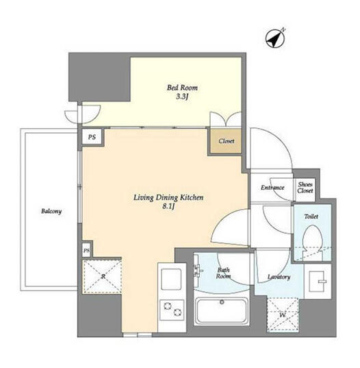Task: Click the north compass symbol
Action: [x=275, y=38]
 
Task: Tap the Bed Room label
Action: [x=182, y=88]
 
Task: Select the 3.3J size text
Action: [x=182, y=97]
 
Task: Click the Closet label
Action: [x=226, y=141]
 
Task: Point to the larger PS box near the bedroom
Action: [x=92, y=137]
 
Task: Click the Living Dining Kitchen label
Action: [x=168, y=197]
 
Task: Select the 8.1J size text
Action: [x=169, y=206]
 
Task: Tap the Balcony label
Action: [x=51, y=211]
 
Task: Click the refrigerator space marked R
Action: [x=102, y=276]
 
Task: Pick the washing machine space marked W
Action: [x=283, y=315]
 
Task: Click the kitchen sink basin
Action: [x=171, y=280]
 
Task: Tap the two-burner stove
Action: [x=172, y=310]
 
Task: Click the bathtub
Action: [x=222, y=311]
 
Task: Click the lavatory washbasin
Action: [x=318, y=281]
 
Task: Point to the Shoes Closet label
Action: [x=305, y=188]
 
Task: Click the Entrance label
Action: [x=272, y=188]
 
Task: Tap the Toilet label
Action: [x=311, y=217]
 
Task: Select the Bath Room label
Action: [x=223, y=273]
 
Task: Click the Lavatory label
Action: [x=279, y=277]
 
